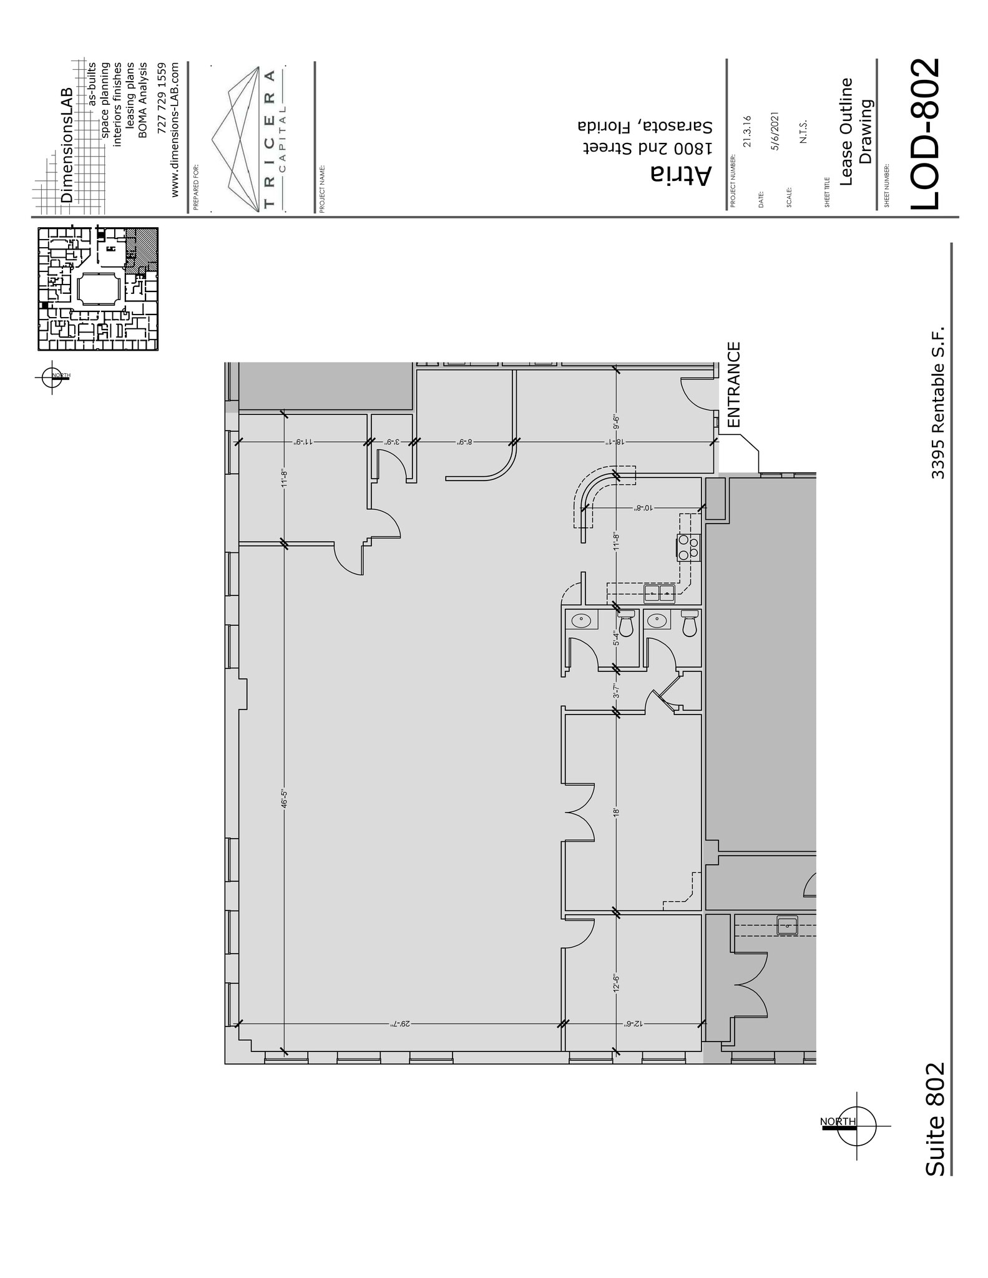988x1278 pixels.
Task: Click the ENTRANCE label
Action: (734, 384)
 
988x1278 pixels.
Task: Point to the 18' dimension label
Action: (617, 812)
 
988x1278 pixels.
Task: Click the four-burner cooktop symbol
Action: (689, 547)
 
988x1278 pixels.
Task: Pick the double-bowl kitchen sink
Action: (660, 593)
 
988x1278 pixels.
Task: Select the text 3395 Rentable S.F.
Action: (938, 402)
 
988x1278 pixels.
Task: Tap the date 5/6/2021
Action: (775, 130)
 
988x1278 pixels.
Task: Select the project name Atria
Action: (681, 175)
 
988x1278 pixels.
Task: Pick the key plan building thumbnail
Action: (98, 288)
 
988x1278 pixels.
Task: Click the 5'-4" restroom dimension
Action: (617, 638)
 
